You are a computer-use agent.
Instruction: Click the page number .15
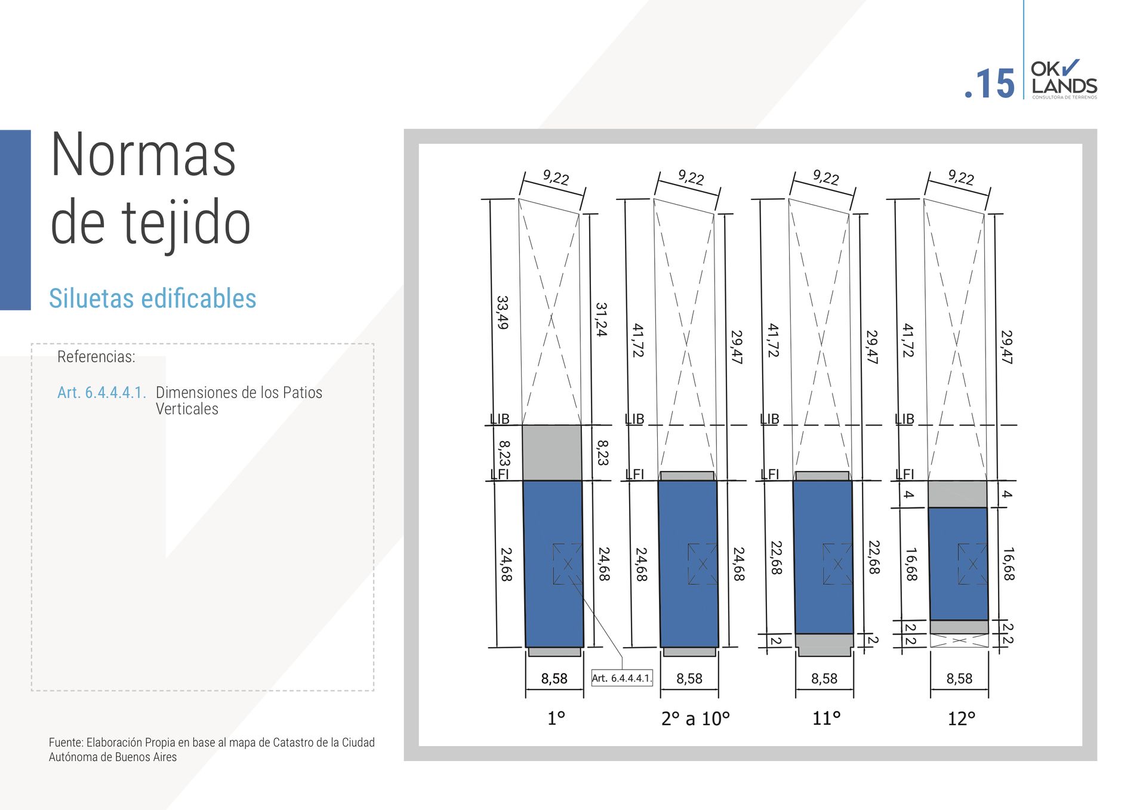pyautogui.click(x=990, y=84)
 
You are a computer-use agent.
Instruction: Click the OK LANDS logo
pyautogui.click(x=1064, y=79)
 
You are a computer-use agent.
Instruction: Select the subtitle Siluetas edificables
pyautogui.click(x=152, y=298)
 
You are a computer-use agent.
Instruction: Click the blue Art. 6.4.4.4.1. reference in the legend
pyautogui.click(x=101, y=392)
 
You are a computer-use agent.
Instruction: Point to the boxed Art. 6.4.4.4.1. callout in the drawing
pyautogui.click(x=621, y=678)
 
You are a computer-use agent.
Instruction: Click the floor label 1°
pyautogui.click(x=556, y=718)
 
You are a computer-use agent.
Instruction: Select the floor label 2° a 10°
pyautogui.click(x=695, y=719)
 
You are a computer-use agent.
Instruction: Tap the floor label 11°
pyautogui.click(x=826, y=718)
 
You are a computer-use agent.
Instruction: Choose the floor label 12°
pyautogui.click(x=962, y=719)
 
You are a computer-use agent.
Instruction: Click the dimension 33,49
pyautogui.click(x=503, y=312)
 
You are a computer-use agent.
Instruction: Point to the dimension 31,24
pyautogui.click(x=601, y=319)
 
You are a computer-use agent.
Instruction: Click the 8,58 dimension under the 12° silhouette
pyautogui.click(x=959, y=679)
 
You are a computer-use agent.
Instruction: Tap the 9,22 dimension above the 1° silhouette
pyautogui.click(x=556, y=177)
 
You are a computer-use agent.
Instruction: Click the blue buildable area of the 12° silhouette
pyautogui.click(x=958, y=563)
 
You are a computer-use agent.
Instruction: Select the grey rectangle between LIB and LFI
pyautogui.click(x=552, y=452)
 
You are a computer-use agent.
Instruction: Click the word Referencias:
pyautogui.click(x=96, y=357)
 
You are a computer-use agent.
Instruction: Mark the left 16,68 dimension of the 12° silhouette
pyautogui.click(x=911, y=564)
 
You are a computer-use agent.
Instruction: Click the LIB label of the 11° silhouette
pyautogui.click(x=769, y=419)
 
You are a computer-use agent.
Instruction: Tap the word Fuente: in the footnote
pyautogui.click(x=66, y=743)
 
